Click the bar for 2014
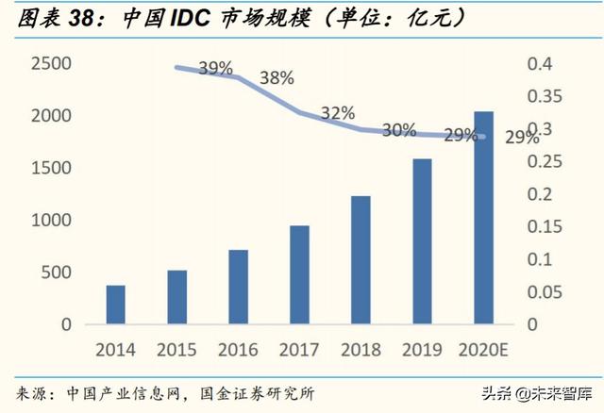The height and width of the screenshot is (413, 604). [115, 305]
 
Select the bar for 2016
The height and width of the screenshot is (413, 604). [238, 287]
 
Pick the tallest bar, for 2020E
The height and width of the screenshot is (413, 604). [483, 218]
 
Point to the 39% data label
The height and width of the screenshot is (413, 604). [215, 68]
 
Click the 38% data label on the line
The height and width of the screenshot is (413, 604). [277, 78]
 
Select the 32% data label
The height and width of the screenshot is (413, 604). [337, 113]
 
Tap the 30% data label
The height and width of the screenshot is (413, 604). [399, 130]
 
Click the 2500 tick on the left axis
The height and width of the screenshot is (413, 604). [52, 64]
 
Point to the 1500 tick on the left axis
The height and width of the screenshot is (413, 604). [52, 168]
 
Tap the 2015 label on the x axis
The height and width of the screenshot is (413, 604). [176, 350]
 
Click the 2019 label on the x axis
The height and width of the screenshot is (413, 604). [422, 350]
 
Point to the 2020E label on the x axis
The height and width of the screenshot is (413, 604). [483, 350]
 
